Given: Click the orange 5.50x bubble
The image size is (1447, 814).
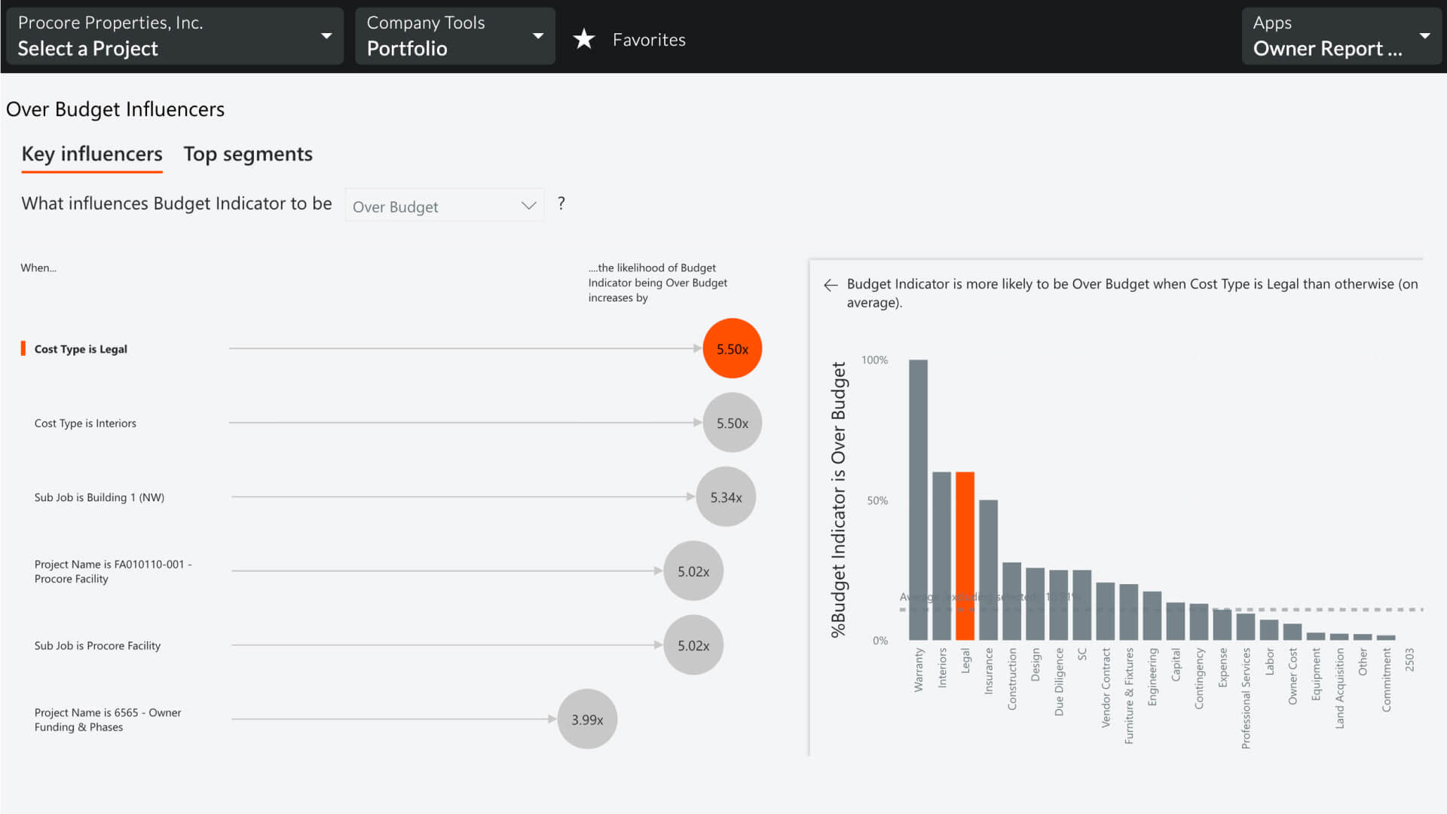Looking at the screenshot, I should pos(732,348).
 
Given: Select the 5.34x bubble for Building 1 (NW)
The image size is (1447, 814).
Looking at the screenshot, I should pos(726,497).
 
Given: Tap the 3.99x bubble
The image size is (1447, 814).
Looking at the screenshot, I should pos(587,719).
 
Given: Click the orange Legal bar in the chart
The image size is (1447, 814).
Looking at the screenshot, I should pos(965,555).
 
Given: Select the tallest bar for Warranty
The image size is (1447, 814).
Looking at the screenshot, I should pos(918,499).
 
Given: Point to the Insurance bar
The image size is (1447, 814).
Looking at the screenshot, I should pos(988,569).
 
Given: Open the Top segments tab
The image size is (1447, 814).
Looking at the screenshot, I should pos(248,154).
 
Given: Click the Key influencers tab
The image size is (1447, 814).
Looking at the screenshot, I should pos(92,154).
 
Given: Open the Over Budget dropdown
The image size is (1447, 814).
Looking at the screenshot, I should pos(444,206).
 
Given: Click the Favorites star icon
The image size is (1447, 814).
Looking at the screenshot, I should pos(584,39).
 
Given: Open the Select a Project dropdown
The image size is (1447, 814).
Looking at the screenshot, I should pos(174,36).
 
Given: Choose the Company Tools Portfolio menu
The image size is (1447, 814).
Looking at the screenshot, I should pos(454,36).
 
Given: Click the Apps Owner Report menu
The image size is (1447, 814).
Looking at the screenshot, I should pos(1341,36).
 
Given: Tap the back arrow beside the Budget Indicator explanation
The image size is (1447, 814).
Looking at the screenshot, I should pos(831,285).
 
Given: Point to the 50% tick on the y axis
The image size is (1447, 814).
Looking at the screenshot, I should pos(877,500).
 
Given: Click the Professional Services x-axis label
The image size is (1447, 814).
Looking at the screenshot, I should pos(1246,698).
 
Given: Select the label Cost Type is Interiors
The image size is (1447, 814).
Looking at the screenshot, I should pos(85,423).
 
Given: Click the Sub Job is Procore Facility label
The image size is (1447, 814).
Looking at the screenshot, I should pos(97,645).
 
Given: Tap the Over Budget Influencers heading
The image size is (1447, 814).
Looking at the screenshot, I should pos(115,109).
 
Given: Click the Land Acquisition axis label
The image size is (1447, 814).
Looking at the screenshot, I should pos(1339,688).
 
